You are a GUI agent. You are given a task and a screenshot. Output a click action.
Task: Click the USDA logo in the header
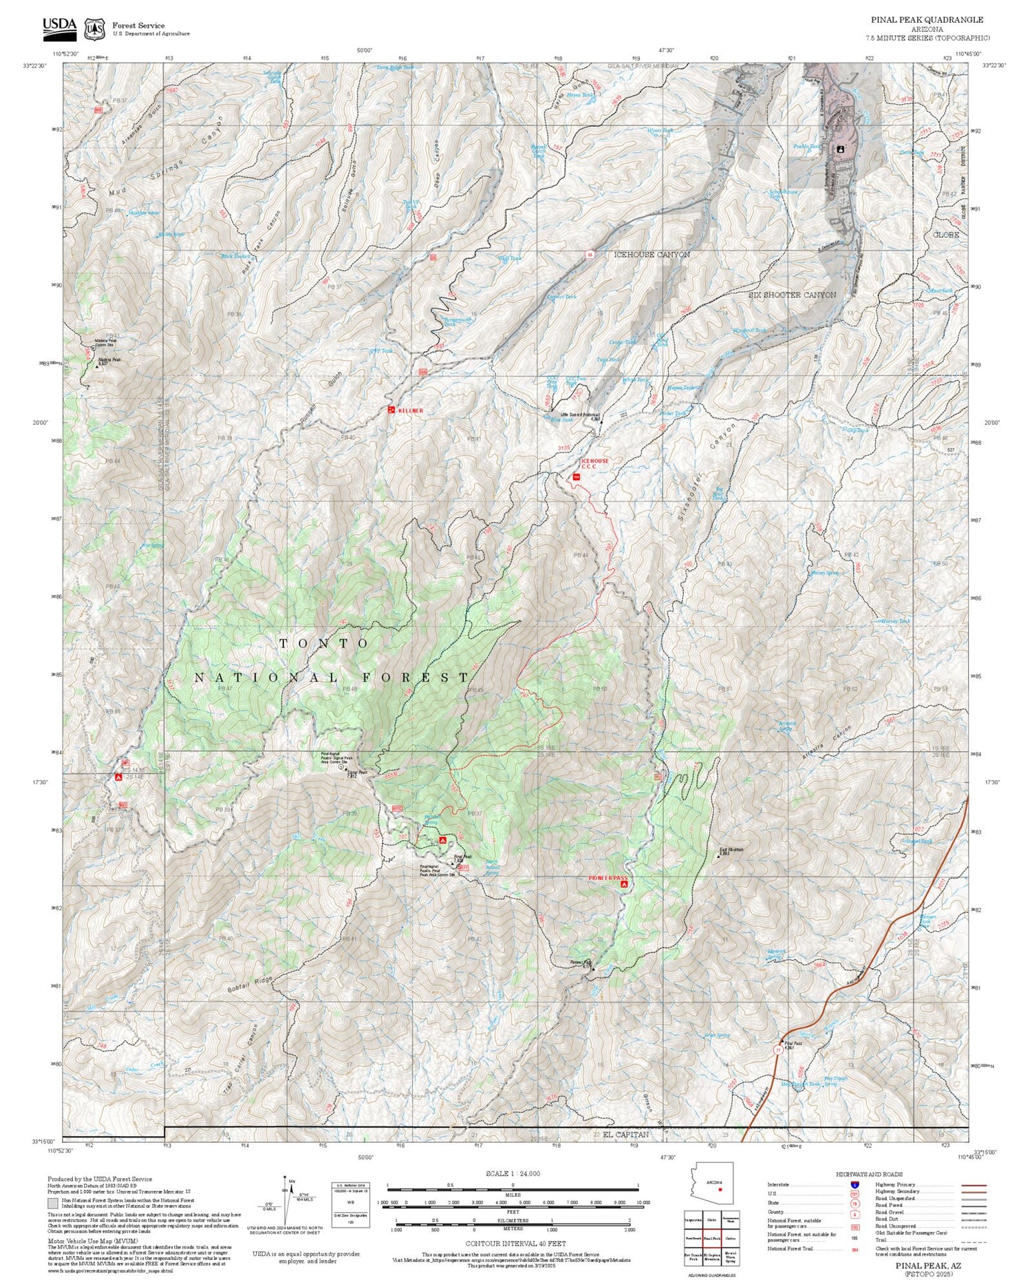click(x=59, y=26)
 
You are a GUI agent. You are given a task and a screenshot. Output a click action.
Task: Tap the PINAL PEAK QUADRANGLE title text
click(x=927, y=20)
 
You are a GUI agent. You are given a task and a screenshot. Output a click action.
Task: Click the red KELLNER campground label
click(x=409, y=410)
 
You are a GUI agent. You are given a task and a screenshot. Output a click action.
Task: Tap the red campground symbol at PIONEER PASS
click(x=624, y=884)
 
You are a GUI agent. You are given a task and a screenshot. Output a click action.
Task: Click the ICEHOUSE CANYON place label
click(x=652, y=255)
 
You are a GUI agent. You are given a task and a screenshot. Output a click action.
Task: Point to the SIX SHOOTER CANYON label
click(x=792, y=295)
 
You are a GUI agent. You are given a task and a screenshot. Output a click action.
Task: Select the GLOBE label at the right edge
click(x=945, y=235)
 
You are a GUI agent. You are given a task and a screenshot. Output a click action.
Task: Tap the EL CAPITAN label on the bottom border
click(x=625, y=1134)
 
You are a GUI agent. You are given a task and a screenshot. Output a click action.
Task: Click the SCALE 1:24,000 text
click(x=513, y=1173)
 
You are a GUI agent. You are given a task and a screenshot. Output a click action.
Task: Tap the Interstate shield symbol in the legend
click(x=854, y=1184)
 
